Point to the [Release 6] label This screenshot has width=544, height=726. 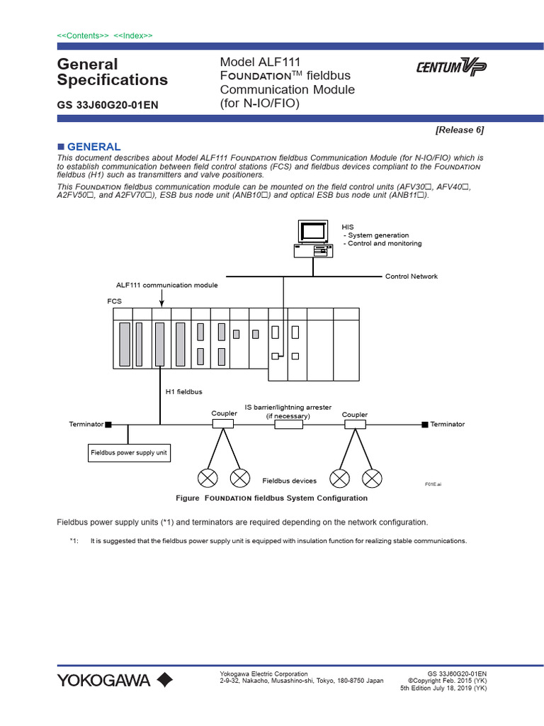tap(460, 130)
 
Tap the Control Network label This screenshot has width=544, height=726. tap(411, 277)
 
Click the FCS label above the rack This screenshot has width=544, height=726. tap(114, 301)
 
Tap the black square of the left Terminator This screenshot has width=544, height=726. tap(108, 425)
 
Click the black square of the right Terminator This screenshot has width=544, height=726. tap(424, 424)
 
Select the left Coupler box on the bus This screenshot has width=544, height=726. tap(223, 424)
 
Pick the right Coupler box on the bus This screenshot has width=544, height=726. tap(355, 424)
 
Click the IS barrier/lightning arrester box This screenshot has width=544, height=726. tap(288, 424)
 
